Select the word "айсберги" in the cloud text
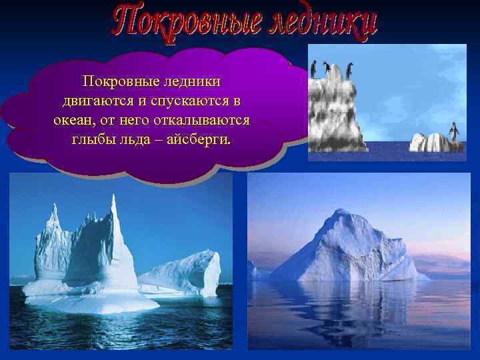tap(198, 141)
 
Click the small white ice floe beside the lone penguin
tap(427, 142)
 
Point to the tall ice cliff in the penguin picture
tap(337, 113)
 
